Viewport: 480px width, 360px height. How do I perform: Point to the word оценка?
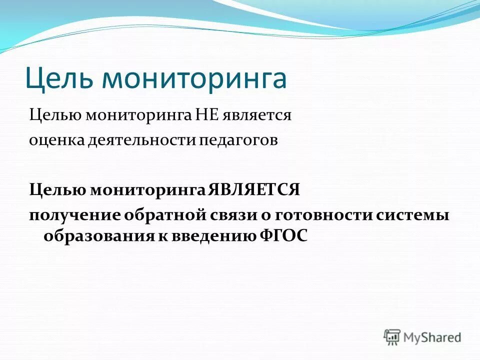coord(55,140)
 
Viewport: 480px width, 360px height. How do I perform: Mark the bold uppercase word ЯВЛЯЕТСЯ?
coord(253,190)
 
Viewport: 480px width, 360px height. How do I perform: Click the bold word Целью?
coord(56,190)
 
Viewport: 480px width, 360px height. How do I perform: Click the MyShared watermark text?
coord(432,337)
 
